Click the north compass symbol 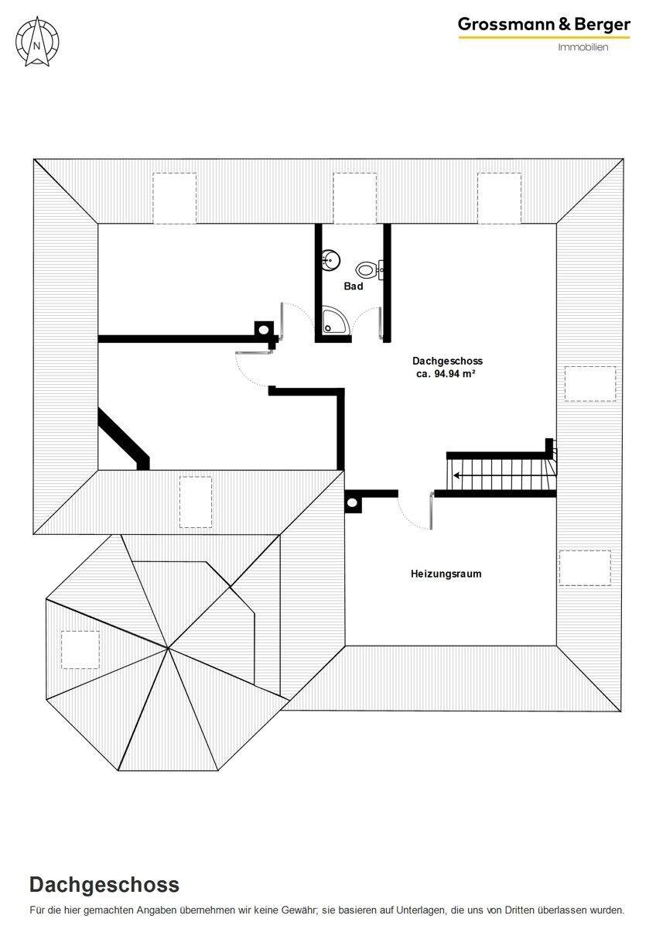click(37, 42)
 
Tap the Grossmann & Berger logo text click(544, 25)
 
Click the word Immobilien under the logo click(583, 47)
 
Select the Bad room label click(353, 286)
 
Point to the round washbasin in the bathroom click(330, 260)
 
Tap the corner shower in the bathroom click(335, 320)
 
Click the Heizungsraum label click(446, 574)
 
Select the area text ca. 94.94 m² click(446, 374)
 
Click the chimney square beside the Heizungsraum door click(352, 503)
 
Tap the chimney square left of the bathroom click(264, 331)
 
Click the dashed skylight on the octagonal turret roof click(80, 650)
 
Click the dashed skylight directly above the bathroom click(355, 198)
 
